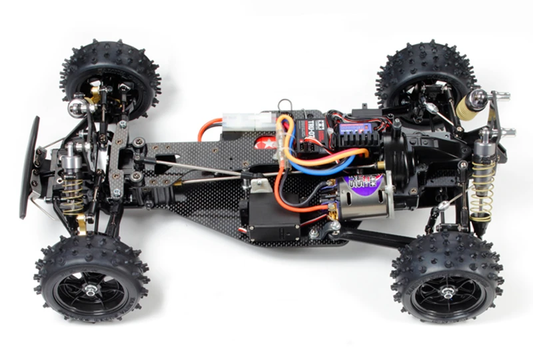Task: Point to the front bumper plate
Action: tap(29, 167)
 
